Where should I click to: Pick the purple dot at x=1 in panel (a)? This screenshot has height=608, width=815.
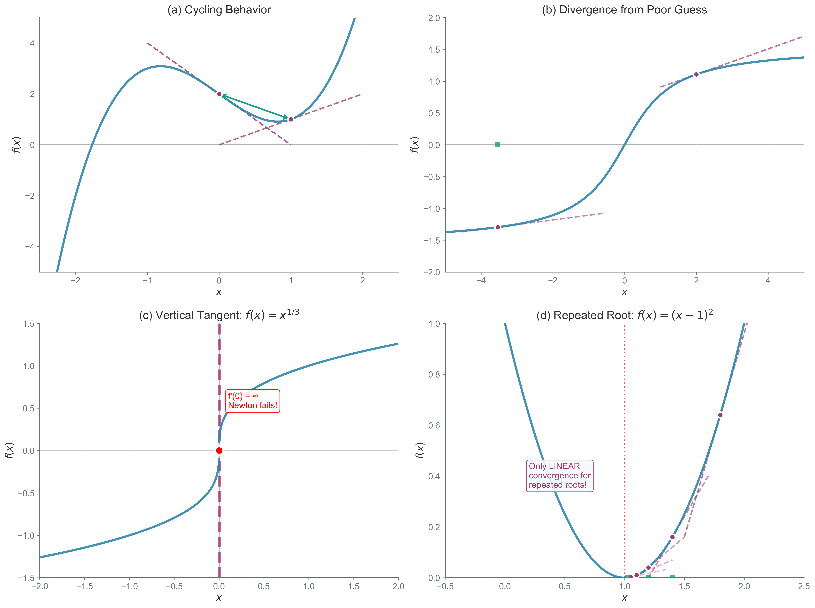[291, 119]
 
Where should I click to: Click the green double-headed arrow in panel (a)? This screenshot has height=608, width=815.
[255, 107]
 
